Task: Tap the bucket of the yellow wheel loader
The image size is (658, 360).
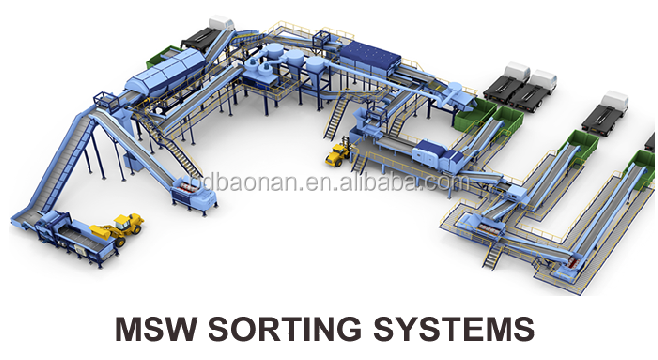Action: tap(96, 233)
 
